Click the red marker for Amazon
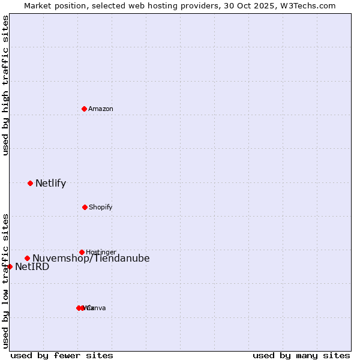click(84, 109)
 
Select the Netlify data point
click(30, 183)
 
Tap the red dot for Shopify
click(85, 207)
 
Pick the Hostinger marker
click(82, 252)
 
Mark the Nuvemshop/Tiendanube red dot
click(27, 258)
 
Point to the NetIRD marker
click(10, 266)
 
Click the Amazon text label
click(101, 109)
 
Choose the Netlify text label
click(50, 184)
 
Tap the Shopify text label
click(101, 207)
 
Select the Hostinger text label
click(101, 252)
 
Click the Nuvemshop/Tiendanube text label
click(91, 259)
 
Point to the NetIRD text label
click(32, 267)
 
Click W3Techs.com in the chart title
click(308, 5)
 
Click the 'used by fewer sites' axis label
click(62, 355)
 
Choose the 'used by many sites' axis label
click(301, 355)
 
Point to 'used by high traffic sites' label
click(5, 85)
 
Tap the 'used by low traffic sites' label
click(5, 281)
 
